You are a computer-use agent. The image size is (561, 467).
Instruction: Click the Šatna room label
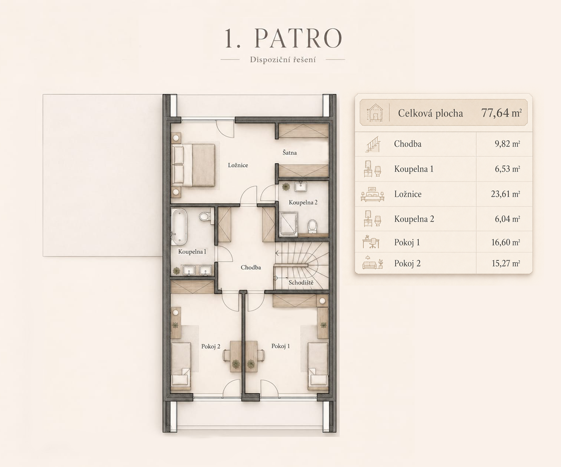coord(290,153)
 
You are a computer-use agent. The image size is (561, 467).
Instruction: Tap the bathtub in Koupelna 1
coord(179,227)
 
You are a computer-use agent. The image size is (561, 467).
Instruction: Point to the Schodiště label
coord(301,282)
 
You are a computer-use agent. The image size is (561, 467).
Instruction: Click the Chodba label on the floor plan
coord(251,267)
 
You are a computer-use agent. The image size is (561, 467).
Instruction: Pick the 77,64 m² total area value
coord(501,113)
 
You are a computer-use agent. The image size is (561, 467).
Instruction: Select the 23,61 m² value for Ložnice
coord(505,194)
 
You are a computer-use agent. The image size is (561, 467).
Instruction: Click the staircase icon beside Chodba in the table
coord(373,144)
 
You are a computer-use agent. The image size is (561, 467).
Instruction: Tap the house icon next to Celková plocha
coord(375,112)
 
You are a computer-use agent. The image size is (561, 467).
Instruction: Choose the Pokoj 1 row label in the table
coord(407,242)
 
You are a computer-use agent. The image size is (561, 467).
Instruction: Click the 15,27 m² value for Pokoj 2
coord(505,263)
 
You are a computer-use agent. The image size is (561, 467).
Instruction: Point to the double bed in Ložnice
coord(193,165)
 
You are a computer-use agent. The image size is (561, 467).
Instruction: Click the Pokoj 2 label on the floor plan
coord(210,346)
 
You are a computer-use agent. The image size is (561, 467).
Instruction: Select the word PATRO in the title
coord(298,38)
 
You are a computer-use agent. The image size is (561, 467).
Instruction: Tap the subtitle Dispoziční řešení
coord(283,59)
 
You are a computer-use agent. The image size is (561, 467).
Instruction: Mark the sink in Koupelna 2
coord(300,186)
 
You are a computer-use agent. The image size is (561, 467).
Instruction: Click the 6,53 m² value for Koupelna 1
coord(507,169)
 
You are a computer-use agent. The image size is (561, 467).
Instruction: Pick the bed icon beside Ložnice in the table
coord(373,194)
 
